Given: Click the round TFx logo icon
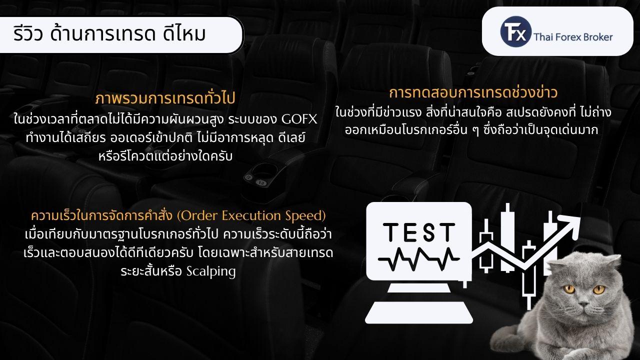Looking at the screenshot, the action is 515,31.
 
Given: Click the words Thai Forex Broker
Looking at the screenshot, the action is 573,37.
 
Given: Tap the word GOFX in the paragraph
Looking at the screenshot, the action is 299,119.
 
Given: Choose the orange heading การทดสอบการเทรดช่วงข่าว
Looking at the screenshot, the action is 473,93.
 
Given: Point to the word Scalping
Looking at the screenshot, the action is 211,271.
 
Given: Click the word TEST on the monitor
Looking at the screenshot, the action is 418,232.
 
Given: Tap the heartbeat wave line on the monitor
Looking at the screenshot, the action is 418,259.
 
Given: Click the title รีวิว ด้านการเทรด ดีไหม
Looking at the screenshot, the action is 109,34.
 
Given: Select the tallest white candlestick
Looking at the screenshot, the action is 507,237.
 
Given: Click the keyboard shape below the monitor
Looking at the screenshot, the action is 419,312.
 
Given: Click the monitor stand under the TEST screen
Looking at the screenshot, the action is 419,287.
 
